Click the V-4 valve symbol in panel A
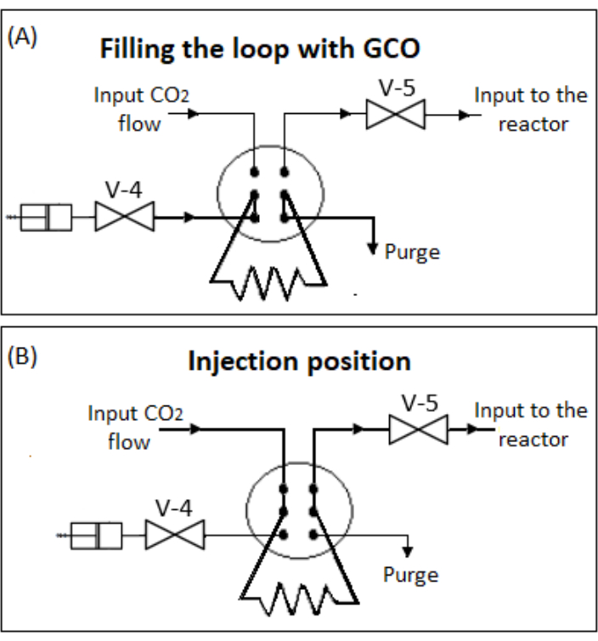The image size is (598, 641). click(x=124, y=217)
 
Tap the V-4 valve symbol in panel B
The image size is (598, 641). click(x=174, y=535)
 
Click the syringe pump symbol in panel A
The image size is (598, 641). click(x=47, y=217)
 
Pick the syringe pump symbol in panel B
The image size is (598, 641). click(x=97, y=536)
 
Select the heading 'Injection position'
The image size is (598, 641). click(x=299, y=360)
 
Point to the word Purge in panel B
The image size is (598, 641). click(x=410, y=575)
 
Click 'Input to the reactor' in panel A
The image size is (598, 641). click(x=530, y=108)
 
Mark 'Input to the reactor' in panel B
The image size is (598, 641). click(x=530, y=424)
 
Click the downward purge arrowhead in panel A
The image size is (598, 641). click(x=372, y=247)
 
